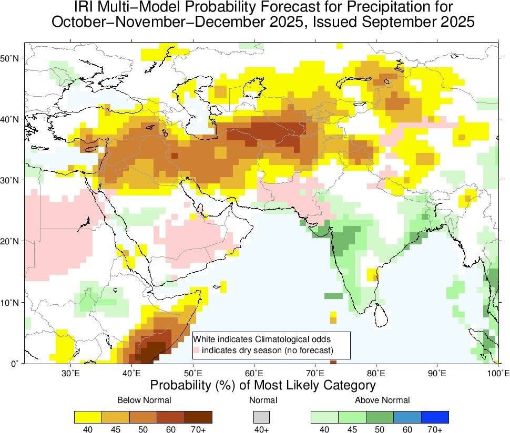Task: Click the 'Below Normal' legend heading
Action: click(144, 400)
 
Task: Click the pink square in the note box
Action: click(197, 350)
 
